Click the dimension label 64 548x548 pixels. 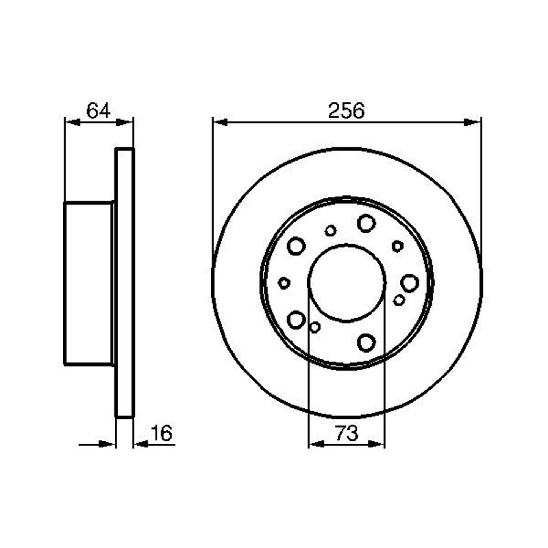pos(98,110)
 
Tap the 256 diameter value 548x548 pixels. pos(346,110)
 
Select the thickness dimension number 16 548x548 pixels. pos(162,434)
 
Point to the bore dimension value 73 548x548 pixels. pos(347,434)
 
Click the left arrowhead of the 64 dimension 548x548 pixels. pos(73,123)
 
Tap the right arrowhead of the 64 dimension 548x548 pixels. pos(124,123)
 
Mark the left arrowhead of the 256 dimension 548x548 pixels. pos(221,123)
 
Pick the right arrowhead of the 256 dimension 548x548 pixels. pos(473,123)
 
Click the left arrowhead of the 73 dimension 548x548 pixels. pos(317,444)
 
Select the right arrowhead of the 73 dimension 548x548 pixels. pos(376,444)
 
